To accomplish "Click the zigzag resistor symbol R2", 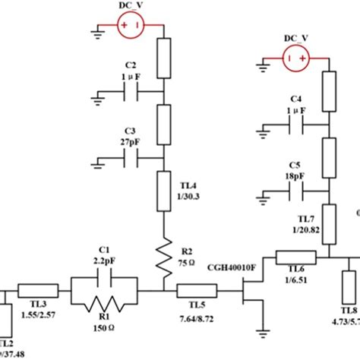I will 164,257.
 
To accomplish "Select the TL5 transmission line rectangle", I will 197,290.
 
